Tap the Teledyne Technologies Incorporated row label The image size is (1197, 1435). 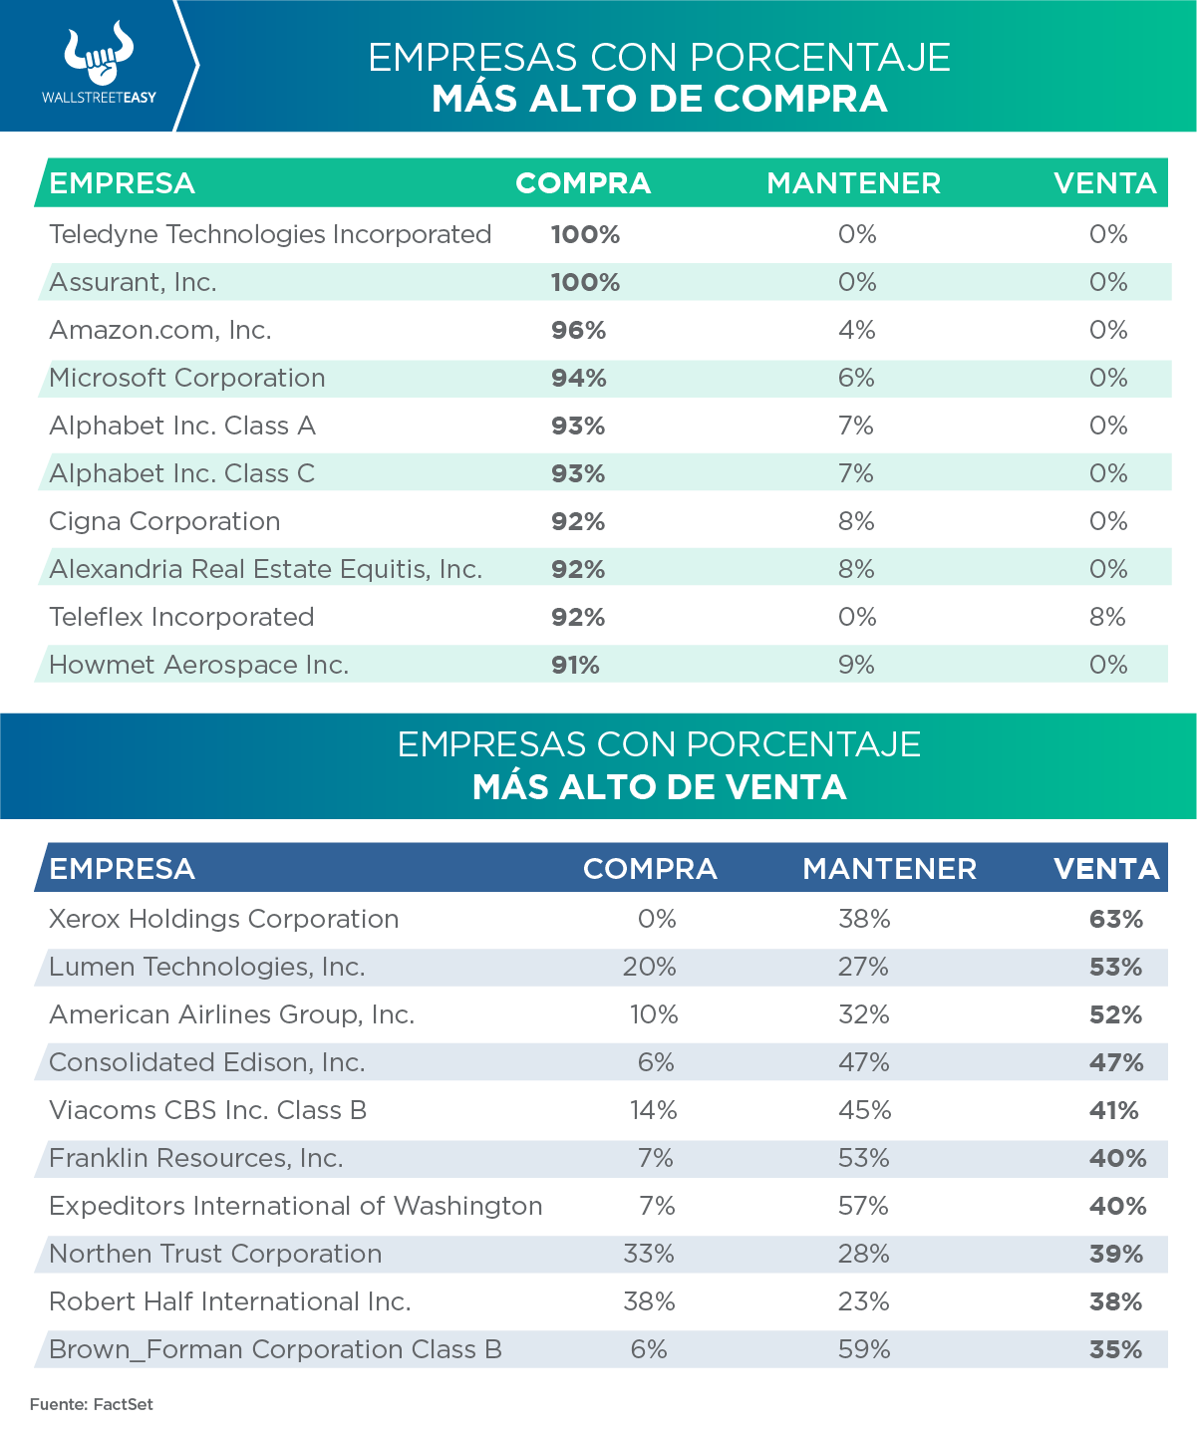(x=270, y=234)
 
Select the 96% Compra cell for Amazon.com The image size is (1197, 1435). (x=578, y=330)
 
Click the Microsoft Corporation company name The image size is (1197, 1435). (x=187, y=378)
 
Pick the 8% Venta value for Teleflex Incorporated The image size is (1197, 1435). (x=1107, y=617)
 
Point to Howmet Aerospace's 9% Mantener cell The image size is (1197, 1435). (x=856, y=665)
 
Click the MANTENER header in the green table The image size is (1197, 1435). (x=853, y=183)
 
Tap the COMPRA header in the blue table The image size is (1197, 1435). (x=650, y=869)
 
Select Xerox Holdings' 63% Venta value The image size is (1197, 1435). (x=1115, y=919)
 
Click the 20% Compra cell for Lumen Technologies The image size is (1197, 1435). (x=649, y=967)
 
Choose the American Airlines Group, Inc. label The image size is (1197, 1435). (x=231, y=1014)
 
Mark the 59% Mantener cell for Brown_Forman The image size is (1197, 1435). (x=863, y=1349)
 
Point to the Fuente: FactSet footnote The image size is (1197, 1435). (x=92, y=1404)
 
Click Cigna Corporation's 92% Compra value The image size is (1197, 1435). (x=578, y=521)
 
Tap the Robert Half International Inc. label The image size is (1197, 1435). (x=230, y=1301)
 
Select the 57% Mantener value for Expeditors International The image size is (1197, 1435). (x=863, y=1206)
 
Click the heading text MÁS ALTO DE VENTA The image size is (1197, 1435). (x=659, y=787)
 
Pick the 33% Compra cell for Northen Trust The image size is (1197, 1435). (x=649, y=1254)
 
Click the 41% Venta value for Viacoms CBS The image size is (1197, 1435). (x=1113, y=1110)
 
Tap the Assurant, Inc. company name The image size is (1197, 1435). (x=133, y=282)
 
